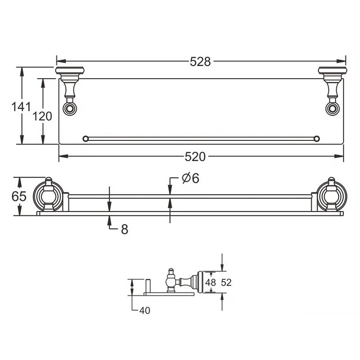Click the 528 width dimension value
point(200,62)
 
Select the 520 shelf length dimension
point(195,157)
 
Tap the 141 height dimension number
point(21,107)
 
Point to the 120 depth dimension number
point(42,116)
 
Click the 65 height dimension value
point(19,196)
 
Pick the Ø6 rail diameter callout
point(190,178)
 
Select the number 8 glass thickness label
point(125,229)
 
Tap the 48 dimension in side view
point(211,282)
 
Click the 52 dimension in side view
point(226,283)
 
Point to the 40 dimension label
point(144,310)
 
